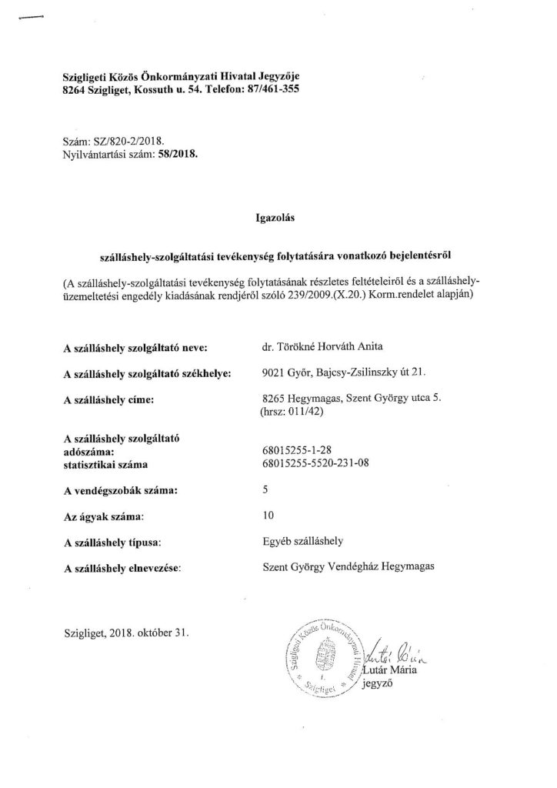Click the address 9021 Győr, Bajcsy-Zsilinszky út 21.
coord(343,373)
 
